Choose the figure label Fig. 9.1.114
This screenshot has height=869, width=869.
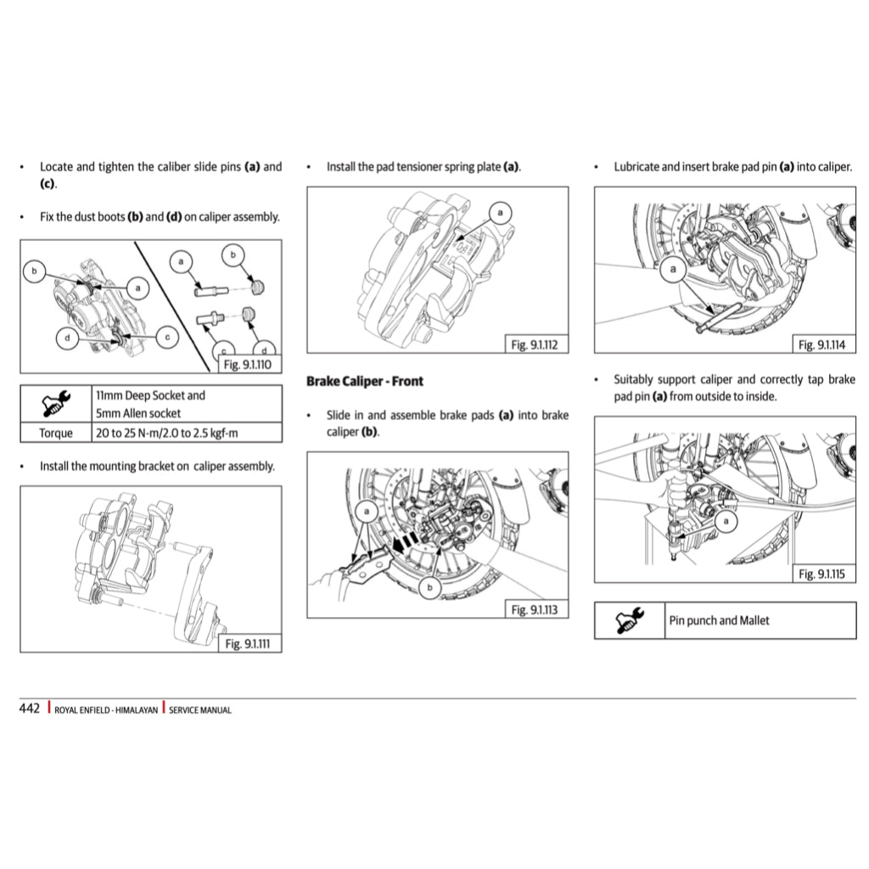point(823,345)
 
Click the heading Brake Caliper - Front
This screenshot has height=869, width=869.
point(364,381)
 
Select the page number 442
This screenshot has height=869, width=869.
point(30,709)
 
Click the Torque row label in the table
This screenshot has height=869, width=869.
point(56,433)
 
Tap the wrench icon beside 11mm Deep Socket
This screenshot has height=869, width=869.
point(57,404)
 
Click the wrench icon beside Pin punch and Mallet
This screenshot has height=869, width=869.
point(631,620)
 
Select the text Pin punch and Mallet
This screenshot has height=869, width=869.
point(719,620)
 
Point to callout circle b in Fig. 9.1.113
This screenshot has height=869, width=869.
point(430,586)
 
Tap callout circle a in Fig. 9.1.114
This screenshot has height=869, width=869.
point(674,271)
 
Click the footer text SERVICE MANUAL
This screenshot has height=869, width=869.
point(200,710)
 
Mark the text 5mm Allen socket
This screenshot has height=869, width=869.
point(138,413)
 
